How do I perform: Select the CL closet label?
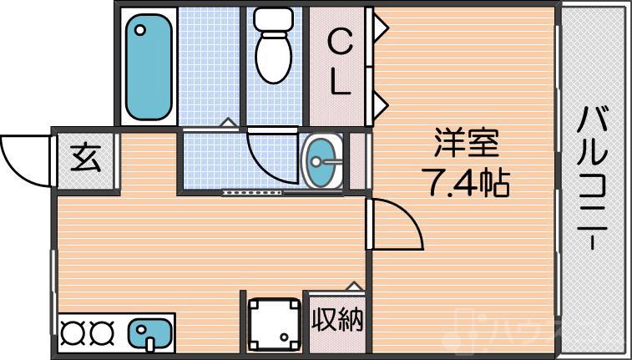click(338, 62)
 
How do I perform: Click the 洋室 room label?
click(466, 145)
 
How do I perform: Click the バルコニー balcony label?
click(594, 179)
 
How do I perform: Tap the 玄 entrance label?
click(85, 158)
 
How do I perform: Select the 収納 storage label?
click(337, 319)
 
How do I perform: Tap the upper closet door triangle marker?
click(380, 29)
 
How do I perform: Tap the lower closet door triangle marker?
click(380, 104)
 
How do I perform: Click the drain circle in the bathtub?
click(140, 30)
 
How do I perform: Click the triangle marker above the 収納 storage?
click(355, 286)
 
